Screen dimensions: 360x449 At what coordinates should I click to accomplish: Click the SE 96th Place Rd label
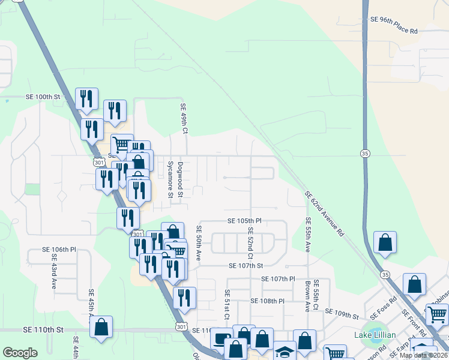point(394,19)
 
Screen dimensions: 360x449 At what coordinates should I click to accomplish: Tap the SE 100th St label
point(43,97)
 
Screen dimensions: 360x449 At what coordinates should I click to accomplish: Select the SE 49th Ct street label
point(184,118)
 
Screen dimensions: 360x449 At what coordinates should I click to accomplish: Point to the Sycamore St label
point(170,179)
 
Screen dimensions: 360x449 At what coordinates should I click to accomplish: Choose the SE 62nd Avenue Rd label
point(324,213)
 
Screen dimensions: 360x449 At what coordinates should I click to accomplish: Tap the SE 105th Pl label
point(245,221)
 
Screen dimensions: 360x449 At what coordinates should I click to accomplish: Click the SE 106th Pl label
point(59,249)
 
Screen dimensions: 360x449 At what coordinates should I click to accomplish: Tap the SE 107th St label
point(246,266)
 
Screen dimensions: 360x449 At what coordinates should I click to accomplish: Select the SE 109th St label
point(342,312)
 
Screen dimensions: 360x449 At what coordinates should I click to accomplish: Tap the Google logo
point(20,353)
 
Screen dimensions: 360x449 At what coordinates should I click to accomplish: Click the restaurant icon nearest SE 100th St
point(86,98)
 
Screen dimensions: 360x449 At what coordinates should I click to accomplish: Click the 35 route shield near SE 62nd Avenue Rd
point(365,154)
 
